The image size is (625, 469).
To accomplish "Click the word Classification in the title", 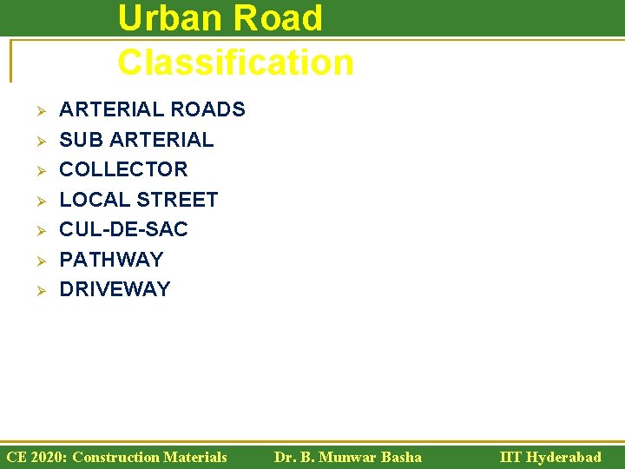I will pyautogui.click(x=235, y=63).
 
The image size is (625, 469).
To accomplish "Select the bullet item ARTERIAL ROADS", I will pyautogui.click(x=152, y=109).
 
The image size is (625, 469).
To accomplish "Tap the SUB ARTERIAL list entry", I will pyautogui.click(x=136, y=140).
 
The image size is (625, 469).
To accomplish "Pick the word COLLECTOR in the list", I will pyautogui.click(x=123, y=169).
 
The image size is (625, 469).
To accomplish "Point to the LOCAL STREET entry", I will pyautogui.click(x=138, y=200).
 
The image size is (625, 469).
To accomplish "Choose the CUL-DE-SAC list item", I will pyautogui.click(x=123, y=229).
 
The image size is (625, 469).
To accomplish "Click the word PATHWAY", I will pyautogui.click(x=111, y=260).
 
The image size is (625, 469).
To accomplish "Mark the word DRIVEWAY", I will pyautogui.click(x=115, y=289).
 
